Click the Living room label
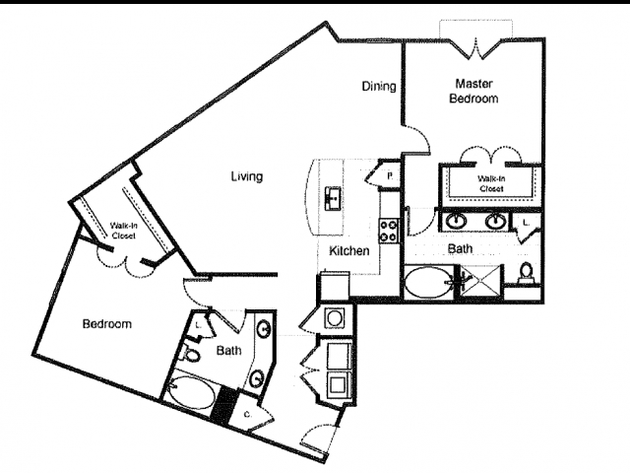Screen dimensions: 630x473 point(247,176)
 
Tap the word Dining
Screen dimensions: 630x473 point(378,86)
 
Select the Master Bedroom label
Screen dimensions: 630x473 point(473,91)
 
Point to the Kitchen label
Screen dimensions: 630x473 point(348,250)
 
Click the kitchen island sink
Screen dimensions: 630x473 point(333,198)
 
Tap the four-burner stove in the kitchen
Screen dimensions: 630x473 point(388,231)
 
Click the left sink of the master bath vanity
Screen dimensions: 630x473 point(457,221)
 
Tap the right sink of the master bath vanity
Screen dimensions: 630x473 point(495,221)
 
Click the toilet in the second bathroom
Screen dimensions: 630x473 point(190,354)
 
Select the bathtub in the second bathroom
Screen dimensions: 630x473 point(191,392)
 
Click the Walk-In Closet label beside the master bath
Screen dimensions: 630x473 point(491,183)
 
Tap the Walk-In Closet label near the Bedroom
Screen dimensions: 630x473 point(123,231)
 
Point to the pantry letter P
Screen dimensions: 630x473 point(390,175)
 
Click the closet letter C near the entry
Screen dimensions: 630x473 point(247,415)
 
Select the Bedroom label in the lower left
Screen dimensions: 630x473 point(107,324)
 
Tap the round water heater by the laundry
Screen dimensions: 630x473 point(333,317)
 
